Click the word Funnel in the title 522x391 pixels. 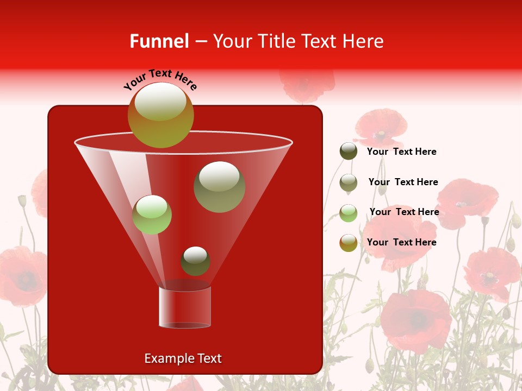pos(159,41)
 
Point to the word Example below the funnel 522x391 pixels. pos(163,358)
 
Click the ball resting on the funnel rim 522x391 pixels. pos(161,115)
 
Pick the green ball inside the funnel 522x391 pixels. pos(152,215)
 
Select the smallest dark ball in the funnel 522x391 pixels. pos(195,261)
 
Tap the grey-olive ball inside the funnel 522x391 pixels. pos(219,186)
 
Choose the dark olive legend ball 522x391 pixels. pos(349,152)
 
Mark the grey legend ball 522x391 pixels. pos(349,182)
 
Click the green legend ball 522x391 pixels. pos(349,213)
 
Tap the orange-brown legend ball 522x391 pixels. pos(349,243)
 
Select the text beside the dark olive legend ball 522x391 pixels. pos(401,152)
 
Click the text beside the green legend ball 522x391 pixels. pos(404,212)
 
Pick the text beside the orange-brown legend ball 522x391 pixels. pos(401,242)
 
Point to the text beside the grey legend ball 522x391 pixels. pos(403,182)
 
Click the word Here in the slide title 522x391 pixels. pos(363,41)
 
